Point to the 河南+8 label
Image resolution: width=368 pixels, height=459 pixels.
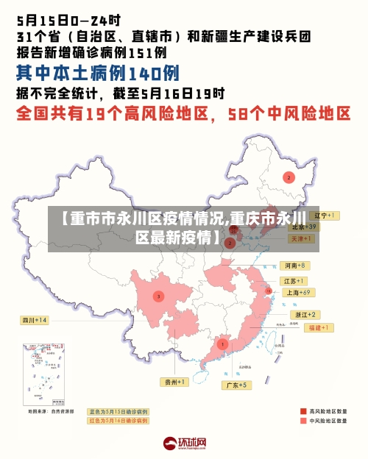(294, 265)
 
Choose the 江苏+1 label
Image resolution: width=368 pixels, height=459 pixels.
(294, 281)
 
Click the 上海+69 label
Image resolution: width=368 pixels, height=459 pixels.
(300, 292)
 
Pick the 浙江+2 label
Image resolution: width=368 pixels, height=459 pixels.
(303, 315)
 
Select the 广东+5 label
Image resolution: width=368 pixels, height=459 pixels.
(238, 385)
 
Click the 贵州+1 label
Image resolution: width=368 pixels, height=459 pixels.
(176, 382)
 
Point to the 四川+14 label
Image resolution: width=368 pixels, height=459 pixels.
(34, 320)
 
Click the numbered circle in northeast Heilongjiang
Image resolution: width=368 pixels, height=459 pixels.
(289, 177)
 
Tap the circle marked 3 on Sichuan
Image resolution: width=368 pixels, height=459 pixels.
(158, 296)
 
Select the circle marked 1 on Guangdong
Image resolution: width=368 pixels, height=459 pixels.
(222, 344)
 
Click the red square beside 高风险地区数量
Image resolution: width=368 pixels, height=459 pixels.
(303, 411)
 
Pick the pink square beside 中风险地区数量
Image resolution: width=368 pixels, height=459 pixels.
(303, 421)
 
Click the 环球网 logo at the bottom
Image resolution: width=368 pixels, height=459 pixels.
(185, 444)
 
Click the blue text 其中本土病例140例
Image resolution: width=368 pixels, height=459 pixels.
(97, 73)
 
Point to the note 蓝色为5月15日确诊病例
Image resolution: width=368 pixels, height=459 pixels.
(118, 412)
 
